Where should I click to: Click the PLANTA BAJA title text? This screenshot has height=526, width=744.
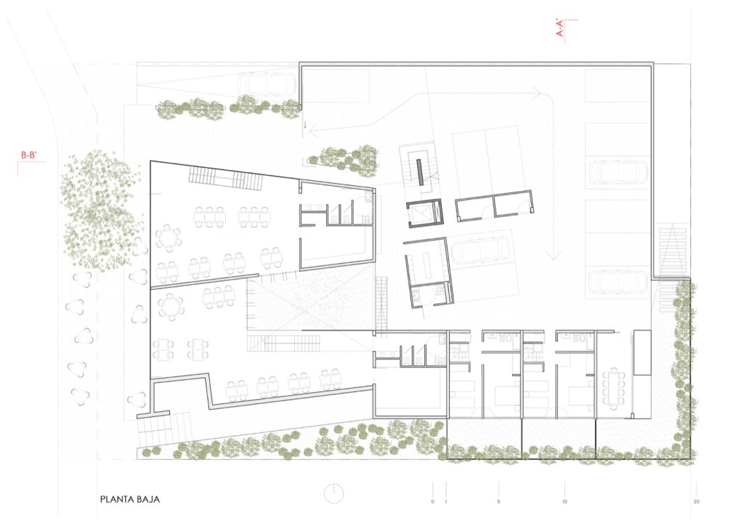coord(129,499)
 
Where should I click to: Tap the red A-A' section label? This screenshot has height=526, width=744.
coord(560,28)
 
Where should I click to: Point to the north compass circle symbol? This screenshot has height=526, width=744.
coord(333,494)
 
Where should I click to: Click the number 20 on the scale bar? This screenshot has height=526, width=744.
coord(696,501)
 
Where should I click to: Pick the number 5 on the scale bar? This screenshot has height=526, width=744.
coord(498,501)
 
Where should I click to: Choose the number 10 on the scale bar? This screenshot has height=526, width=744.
coord(565,501)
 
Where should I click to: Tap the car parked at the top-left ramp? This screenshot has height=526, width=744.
coord(267,85)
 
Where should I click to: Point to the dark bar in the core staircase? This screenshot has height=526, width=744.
coord(421,172)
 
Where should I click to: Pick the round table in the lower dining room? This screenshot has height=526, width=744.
coord(171,306)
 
